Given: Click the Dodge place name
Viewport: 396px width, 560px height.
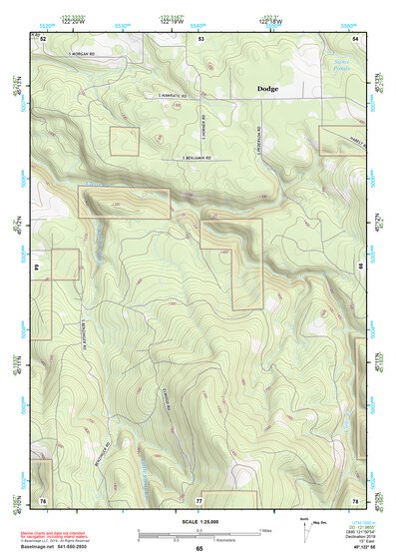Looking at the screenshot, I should tap(268, 89).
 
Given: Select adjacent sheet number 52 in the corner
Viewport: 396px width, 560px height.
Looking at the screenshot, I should tap(44, 39).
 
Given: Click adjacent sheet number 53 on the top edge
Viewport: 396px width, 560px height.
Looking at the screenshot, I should tap(200, 39).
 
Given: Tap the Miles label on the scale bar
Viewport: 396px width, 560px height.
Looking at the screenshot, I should tap(267, 529).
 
